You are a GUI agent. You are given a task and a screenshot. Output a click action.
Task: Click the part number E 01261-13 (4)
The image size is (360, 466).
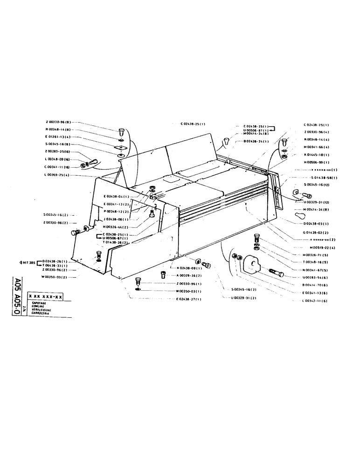tap(59, 137)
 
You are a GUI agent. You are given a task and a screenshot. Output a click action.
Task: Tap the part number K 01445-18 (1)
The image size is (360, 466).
tap(317, 154)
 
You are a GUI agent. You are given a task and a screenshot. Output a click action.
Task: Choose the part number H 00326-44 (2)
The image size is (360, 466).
tap(116, 227)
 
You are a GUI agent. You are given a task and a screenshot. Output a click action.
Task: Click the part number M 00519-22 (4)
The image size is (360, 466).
tap(322, 247)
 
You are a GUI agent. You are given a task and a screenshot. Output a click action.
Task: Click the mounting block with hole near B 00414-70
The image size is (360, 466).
tap(252, 265)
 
